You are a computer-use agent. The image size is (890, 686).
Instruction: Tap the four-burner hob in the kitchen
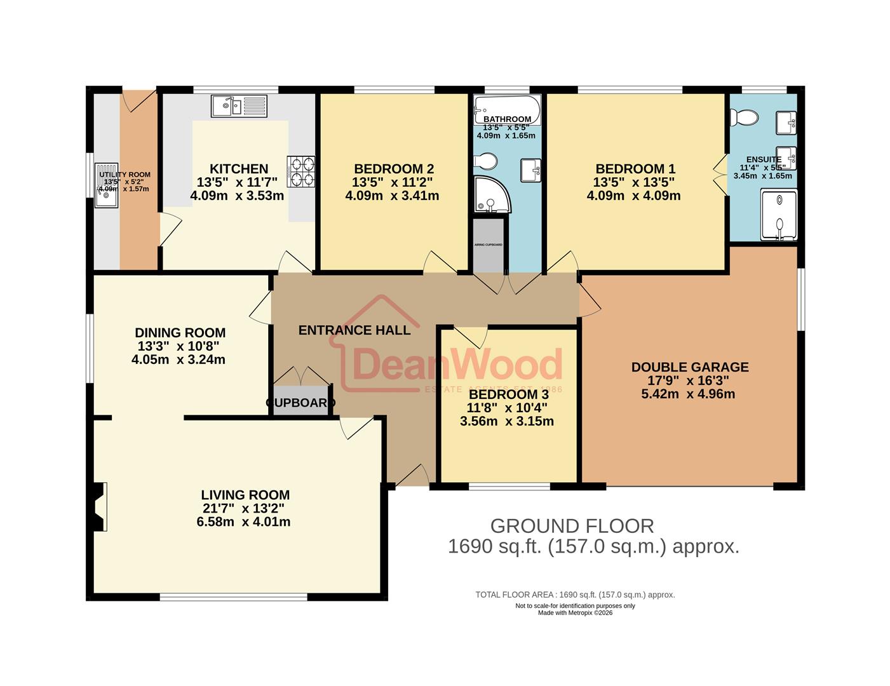[x=302, y=171]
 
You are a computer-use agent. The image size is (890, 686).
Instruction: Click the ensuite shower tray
[x=778, y=216]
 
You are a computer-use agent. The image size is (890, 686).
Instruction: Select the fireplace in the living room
[x=98, y=506]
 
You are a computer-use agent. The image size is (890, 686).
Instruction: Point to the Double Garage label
[x=690, y=367]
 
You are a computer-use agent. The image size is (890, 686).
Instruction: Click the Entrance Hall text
[x=354, y=330]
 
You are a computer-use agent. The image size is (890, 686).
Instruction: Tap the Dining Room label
[x=180, y=333]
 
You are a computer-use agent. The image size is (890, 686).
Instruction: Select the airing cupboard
[x=489, y=245]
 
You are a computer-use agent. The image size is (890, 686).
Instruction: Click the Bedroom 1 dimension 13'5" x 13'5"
[x=634, y=182]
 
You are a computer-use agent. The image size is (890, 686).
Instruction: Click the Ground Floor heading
[x=572, y=526]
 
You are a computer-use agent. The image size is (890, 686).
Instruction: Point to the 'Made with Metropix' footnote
[x=575, y=613]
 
